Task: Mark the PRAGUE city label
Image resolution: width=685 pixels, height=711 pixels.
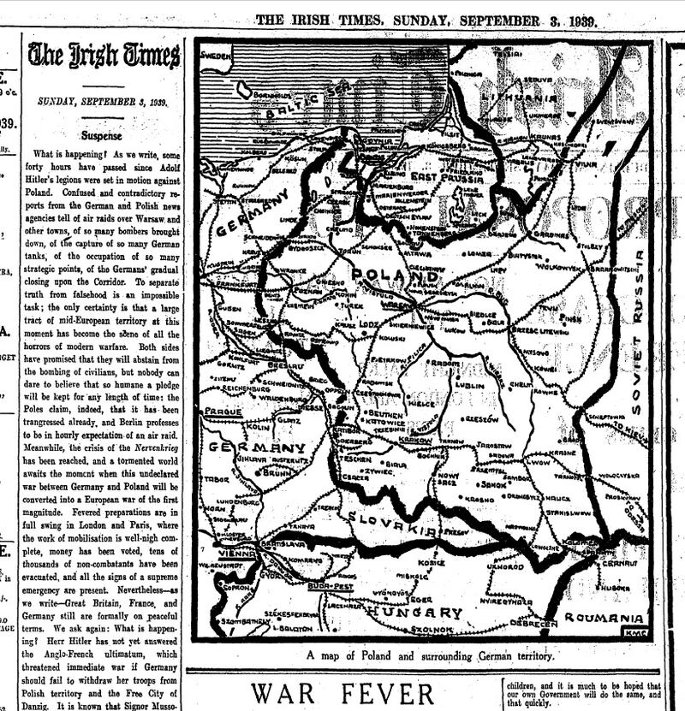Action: point(220,412)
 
